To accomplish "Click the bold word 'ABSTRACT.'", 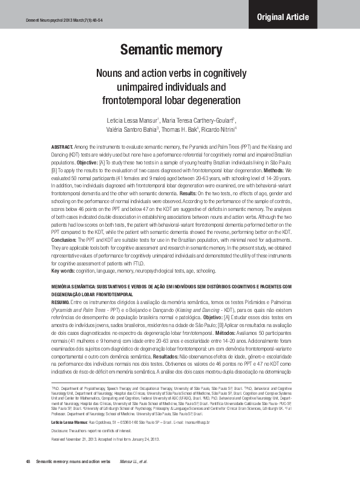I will tap(62, 147).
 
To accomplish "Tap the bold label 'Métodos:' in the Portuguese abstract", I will tap(229, 332).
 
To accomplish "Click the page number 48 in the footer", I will tap(28, 461).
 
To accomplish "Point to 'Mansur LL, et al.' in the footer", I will tap(134, 461).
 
